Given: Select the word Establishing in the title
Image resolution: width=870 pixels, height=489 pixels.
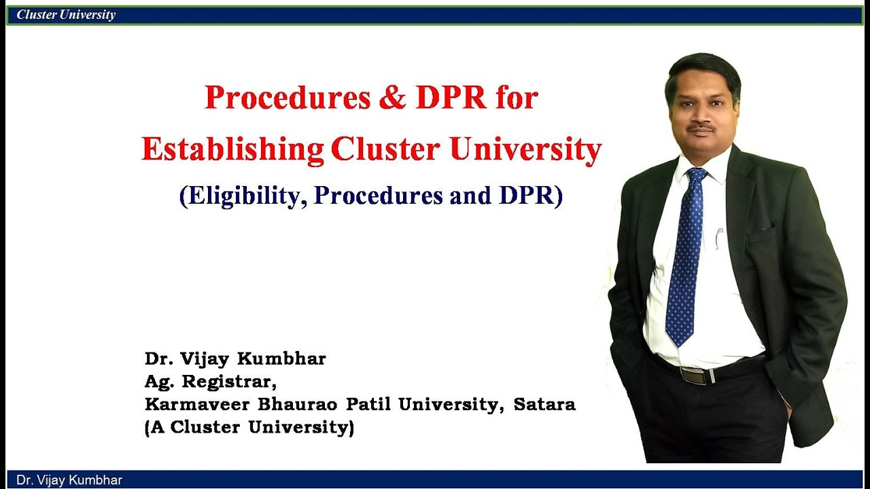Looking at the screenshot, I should coord(232,150).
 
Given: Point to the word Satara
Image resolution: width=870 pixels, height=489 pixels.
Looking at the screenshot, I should coord(544,405).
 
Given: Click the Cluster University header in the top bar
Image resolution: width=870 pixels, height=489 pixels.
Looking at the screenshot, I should coord(66,15).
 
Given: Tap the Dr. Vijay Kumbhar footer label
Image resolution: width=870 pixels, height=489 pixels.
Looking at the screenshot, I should coord(69,480).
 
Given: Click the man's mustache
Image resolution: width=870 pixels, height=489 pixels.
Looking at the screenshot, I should coord(701,126).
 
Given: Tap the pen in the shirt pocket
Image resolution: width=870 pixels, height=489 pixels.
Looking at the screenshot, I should coord(719,238).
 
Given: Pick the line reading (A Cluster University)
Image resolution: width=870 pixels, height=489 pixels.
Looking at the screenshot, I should coord(249,428).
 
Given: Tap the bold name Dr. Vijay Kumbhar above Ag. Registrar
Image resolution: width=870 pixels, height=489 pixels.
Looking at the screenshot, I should coord(235,359).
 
